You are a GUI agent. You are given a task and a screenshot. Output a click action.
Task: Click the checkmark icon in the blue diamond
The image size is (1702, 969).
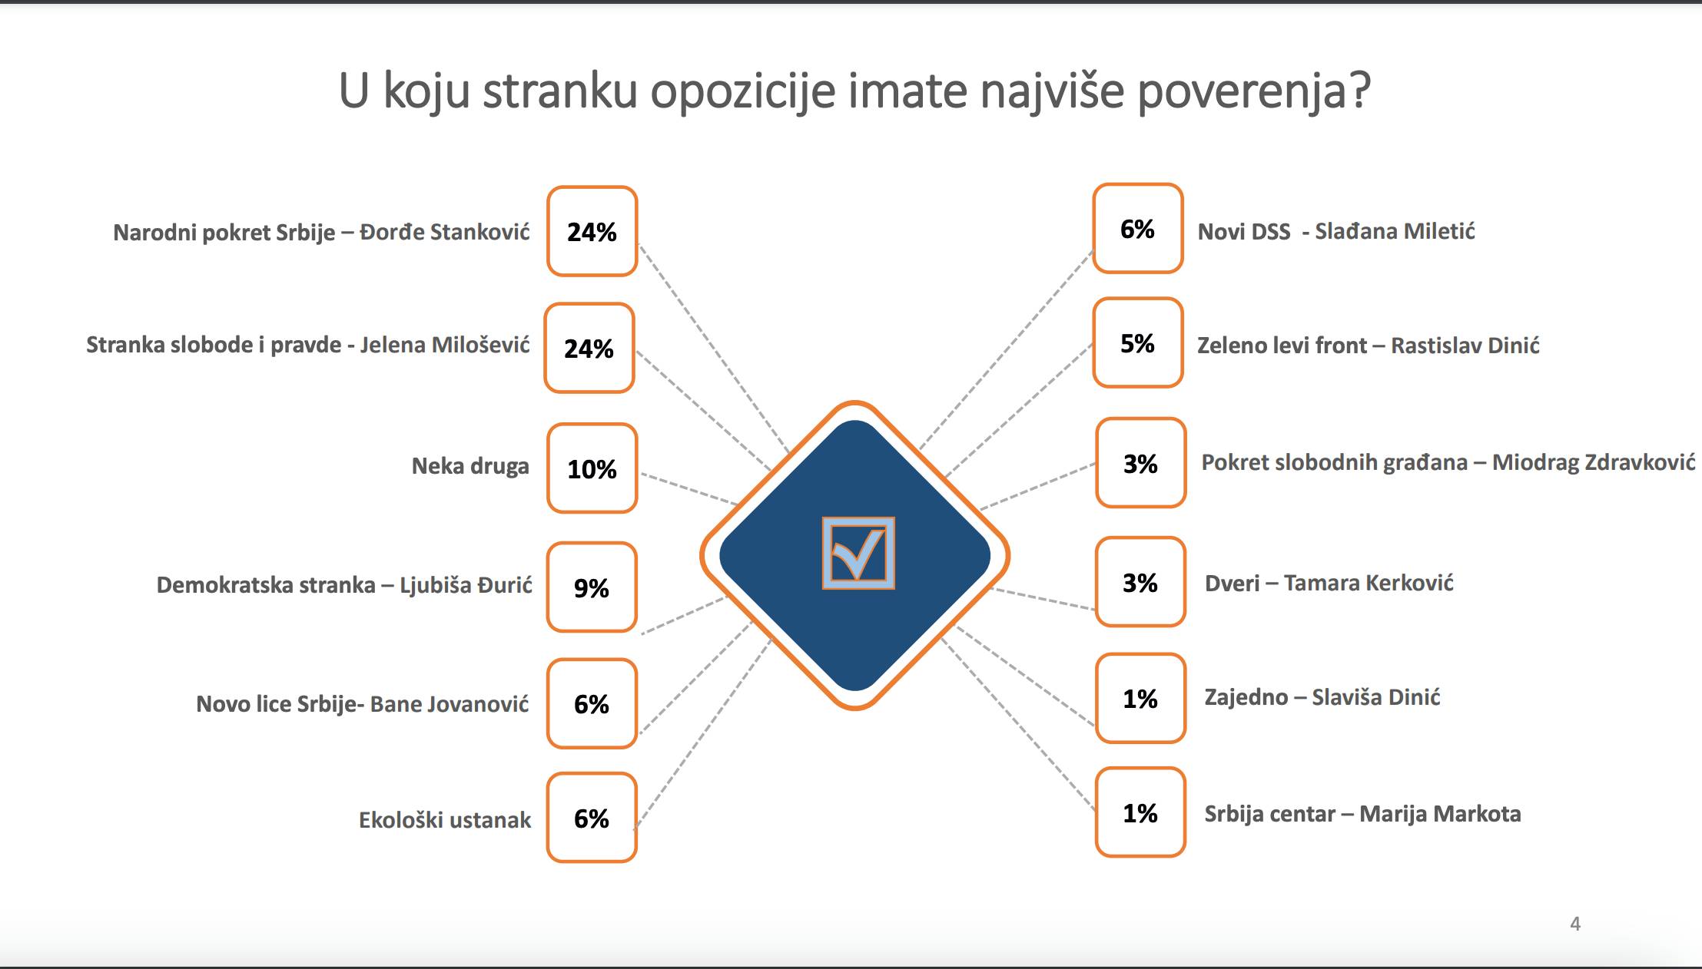858,553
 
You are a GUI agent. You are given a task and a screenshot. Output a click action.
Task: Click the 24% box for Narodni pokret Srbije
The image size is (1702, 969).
592,231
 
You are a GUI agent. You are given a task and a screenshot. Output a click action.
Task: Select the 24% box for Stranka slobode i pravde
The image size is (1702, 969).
589,348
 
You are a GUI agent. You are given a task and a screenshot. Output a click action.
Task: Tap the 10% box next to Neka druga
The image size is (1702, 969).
592,468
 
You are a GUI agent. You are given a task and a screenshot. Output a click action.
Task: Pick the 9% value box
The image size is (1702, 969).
592,587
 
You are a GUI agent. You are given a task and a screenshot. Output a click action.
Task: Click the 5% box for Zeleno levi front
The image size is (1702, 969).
1137,342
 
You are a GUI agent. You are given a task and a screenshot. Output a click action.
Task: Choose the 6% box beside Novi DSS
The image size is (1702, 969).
1137,228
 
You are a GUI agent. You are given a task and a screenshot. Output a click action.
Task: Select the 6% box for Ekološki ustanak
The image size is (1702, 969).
592,818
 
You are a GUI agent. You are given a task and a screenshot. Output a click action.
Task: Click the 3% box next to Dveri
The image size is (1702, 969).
1140,582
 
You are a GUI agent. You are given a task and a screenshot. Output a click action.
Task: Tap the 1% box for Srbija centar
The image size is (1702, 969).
1140,812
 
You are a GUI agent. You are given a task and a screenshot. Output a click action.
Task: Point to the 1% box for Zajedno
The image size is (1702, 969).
1140,698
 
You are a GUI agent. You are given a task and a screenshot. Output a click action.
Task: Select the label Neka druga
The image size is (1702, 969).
470,466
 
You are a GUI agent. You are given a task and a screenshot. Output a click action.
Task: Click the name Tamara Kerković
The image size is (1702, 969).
1368,583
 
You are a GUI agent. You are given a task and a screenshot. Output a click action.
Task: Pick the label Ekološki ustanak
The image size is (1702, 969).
444,820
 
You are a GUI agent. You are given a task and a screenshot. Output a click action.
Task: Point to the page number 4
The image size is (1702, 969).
1574,924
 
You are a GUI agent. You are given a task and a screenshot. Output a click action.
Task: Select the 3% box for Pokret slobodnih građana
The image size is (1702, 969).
1140,463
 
